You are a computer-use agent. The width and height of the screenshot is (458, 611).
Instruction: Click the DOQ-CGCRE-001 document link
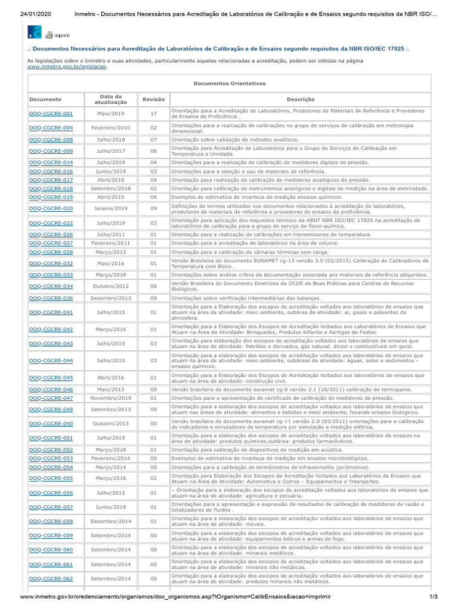[x=51, y=113]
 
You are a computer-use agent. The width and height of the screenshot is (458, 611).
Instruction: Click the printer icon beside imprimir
[x=49, y=35]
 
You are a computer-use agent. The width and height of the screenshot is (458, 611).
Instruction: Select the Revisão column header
[x=153, y=99]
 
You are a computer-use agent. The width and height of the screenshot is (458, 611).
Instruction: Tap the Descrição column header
[x=300, y=99]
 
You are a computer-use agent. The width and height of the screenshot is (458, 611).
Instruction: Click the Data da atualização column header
[x=110, y=99]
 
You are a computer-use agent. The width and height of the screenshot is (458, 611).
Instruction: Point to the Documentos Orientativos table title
[x=230, y=84]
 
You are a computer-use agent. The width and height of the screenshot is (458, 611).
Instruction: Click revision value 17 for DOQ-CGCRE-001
[x=153, y=113]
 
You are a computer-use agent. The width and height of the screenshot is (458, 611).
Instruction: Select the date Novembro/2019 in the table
[x=110, y=398]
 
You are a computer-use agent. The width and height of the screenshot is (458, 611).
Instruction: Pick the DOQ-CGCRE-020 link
[x=51, y=208]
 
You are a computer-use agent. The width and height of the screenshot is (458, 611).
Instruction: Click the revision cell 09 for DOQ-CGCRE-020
[x=153, y=208]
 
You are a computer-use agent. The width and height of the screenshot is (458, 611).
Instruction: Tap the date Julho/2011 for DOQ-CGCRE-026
[x=110, y=234]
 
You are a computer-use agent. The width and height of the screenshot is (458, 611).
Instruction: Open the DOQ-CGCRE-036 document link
[x=51, y=298]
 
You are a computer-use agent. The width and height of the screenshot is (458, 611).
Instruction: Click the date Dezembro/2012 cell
[x=110, y=298]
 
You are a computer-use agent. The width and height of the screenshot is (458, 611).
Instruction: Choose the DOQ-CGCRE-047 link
[x=51, y=398]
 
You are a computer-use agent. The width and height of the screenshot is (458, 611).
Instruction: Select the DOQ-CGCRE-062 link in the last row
[x=51, y=578]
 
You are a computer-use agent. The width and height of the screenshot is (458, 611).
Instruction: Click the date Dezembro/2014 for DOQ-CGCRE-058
[x=110, y=521]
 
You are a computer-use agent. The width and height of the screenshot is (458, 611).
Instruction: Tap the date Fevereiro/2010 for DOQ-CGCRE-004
[x=110, y=128]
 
